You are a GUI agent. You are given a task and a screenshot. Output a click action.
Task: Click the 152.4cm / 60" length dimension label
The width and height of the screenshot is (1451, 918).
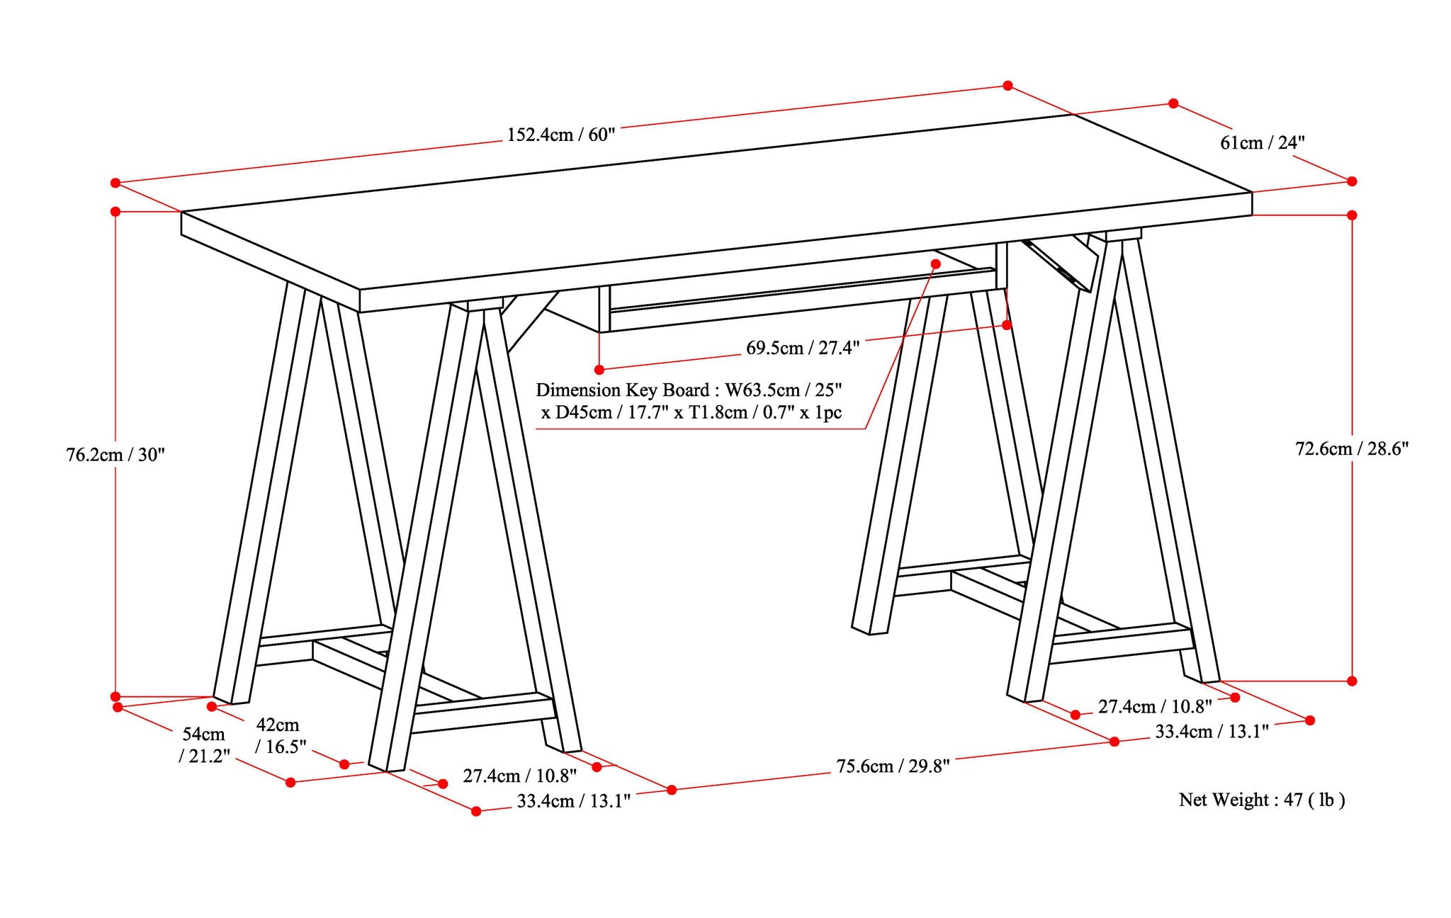pyautogui.click(x=561, y=135)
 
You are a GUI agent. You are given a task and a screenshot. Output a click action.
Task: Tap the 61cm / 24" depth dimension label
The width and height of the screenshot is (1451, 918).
pyautogui.click(x=1262, y=142)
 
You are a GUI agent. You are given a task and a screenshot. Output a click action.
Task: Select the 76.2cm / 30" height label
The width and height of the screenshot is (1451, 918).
pyautogui.click(x=115, y=455)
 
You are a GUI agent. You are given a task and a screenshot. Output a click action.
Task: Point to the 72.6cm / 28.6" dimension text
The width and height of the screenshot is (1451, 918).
pyautogui.click(x=1352, y=448)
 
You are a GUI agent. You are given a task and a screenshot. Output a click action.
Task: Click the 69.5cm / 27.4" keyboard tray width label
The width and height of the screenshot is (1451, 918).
pyautogui.click(x=802, y=348)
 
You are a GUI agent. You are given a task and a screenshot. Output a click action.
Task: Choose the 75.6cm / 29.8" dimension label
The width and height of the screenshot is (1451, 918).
pyautogui.click(x=893, y=766)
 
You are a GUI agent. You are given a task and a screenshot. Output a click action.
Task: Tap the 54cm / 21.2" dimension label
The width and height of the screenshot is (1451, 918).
pyautogui.click(x=204, y=744)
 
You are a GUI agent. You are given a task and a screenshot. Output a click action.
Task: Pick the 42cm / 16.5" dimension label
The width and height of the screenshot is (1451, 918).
pyautogui.click(x=279, y=735)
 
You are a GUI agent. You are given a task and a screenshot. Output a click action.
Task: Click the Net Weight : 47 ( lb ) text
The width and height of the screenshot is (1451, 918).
pyautogui.click(x=1261, y=800)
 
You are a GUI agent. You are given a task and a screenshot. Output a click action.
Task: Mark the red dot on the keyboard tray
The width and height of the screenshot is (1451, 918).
pyautogui.click(x=935, y=263)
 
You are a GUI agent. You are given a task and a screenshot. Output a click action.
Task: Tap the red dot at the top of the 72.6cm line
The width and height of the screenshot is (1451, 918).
pyautogui.click(x=1352, y=215)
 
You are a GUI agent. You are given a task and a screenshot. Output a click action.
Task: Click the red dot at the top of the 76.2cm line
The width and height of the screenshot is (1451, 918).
pyautogui.click(x=115, y=211)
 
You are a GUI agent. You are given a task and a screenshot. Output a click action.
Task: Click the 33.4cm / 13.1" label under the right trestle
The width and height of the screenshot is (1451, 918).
pyautogui.click(x=1212, y=732)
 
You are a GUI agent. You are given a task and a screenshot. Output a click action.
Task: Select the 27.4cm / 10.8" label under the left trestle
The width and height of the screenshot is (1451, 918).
pyautogui.click(x=519, y=776)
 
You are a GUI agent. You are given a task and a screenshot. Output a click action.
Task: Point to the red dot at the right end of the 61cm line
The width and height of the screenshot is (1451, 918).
pyautogui.click(x=1352, y=181)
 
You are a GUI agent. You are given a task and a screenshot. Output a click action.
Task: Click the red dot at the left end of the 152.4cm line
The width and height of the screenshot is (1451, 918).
pyautogui.click(x=115, y=183)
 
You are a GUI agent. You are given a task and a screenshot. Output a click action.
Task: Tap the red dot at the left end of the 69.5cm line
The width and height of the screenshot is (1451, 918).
pyautogui.click(x=599, y=369)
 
